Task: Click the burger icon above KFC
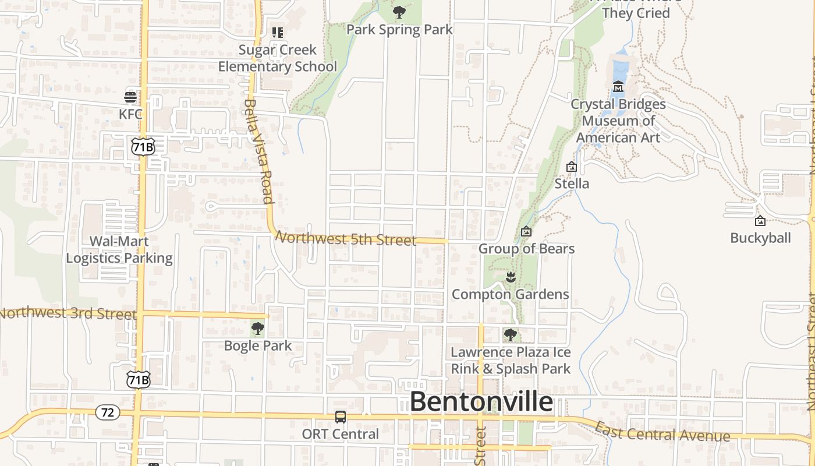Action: (130, 97)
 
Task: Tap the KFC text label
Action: (130, 114)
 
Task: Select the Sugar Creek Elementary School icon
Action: (278, 33)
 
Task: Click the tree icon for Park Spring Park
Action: (399, 12)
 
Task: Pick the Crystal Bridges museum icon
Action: (618, 87)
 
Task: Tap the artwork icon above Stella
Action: (572, 167)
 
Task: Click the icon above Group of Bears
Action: (526, 232)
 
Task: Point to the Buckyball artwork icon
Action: (760, 221)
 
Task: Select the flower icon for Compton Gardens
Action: (511, 277)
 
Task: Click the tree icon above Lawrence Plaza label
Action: (511, 335)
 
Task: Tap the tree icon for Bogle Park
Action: (257, 329)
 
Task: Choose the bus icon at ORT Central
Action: (341, 417)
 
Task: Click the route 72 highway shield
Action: (108, 412)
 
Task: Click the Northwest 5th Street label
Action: (346, 238)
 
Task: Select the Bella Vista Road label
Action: (258, 151)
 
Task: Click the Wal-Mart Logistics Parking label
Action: (119, 250)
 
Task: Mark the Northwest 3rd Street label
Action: (68, 313)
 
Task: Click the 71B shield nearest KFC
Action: (143, 147)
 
